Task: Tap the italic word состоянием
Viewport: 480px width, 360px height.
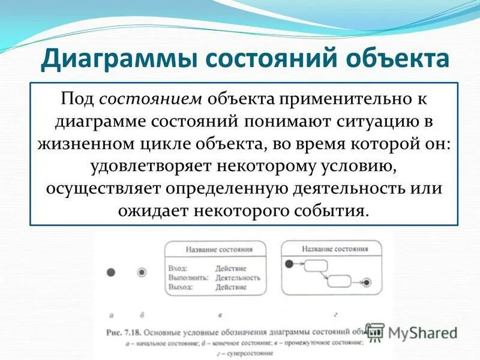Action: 153,98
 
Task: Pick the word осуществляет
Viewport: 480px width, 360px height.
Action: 105,188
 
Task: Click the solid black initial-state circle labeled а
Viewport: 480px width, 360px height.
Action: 110,272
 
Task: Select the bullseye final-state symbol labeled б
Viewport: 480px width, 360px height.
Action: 142,272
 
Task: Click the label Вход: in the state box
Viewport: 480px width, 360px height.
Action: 178,269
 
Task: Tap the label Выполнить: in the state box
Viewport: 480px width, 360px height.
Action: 188,278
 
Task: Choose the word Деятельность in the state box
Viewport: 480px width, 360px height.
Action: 238,278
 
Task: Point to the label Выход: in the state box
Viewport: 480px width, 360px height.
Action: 181,287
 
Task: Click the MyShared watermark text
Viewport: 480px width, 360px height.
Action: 422,332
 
